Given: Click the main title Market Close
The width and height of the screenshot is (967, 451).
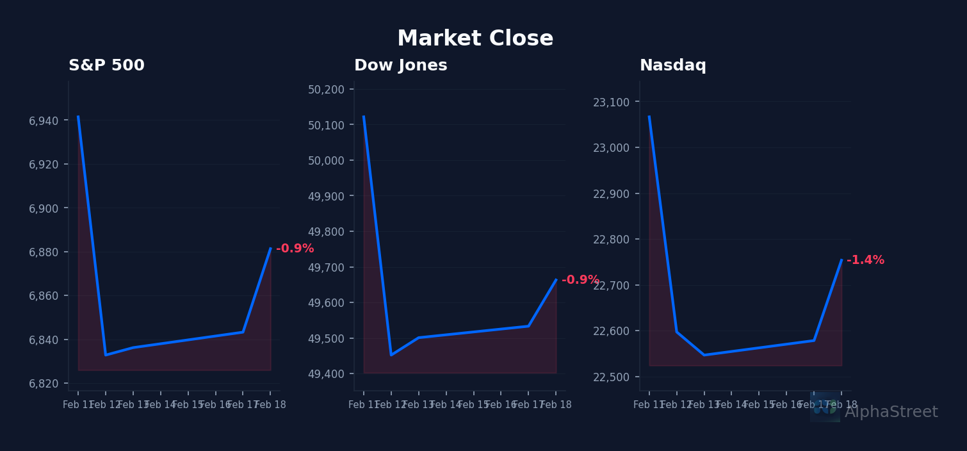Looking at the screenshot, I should [x=475, y=39].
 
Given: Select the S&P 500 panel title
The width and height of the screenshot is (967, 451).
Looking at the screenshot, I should [x=106, y=66].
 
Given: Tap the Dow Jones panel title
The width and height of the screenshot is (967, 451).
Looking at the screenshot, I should [x=400, y=66].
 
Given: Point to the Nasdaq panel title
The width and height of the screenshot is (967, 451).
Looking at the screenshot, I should [x=672, y=66].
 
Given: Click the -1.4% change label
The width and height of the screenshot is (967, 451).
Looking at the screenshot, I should [x=865, y=260].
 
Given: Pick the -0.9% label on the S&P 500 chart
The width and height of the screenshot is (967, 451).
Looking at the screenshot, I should [x=295, y=249].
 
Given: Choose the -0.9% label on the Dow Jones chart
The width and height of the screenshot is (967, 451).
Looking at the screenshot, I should [x=580, y=280].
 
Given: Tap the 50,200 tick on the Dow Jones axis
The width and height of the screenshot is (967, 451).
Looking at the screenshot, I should [x=330, y=90].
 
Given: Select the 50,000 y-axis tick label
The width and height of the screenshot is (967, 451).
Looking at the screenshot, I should [x=330, y=161].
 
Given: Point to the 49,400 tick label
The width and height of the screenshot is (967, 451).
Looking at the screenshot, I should [x=330, y=374].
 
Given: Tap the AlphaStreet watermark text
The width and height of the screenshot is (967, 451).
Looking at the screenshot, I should [x=891, y=413].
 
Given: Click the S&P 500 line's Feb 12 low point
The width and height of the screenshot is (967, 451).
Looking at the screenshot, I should [x=106, y=355].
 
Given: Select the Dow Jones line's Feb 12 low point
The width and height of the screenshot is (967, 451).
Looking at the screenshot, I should [x=391, y=355].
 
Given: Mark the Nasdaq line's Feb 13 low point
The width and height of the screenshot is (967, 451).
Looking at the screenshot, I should [x=704, y=355].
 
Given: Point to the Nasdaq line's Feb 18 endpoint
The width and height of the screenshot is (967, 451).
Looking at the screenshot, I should [x=841, y=259].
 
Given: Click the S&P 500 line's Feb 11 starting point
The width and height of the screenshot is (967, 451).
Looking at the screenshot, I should [x=78, y=117].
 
